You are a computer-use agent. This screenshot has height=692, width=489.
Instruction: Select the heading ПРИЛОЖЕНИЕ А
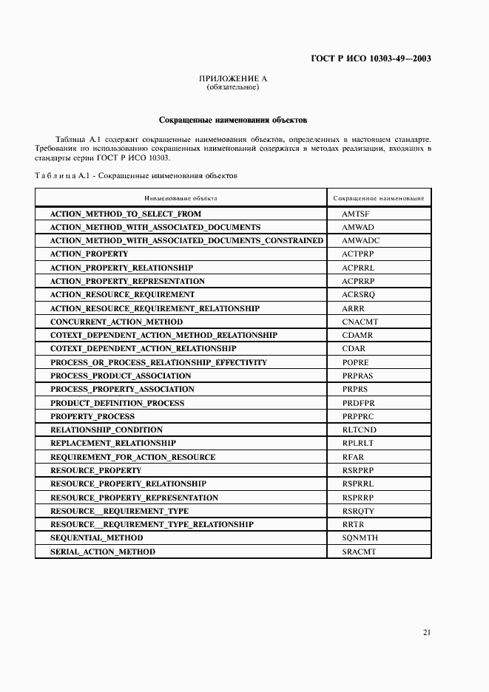233,78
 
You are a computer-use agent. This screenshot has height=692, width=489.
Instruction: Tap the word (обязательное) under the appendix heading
232,87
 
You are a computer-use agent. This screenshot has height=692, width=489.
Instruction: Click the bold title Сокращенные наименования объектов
233,120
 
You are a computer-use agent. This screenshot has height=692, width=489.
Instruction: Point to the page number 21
427,632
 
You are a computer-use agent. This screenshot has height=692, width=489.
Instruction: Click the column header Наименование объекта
181,199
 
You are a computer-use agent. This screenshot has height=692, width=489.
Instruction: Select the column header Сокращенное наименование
379,199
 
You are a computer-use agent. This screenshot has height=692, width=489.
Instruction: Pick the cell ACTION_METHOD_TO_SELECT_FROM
125,214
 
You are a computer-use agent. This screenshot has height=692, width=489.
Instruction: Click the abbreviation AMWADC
360,240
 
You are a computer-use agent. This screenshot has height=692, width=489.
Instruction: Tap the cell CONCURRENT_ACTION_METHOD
116,322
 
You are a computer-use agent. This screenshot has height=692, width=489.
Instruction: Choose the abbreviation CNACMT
360,322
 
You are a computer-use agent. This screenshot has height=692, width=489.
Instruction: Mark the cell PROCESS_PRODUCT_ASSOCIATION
121,376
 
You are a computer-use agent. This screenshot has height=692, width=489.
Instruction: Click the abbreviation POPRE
355,362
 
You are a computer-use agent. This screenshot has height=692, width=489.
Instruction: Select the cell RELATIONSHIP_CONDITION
107,430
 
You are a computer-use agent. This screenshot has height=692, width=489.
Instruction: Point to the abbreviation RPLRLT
358,443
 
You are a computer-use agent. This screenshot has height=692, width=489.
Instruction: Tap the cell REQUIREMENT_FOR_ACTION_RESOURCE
132,457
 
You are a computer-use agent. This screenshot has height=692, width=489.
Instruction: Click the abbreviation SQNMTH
360,538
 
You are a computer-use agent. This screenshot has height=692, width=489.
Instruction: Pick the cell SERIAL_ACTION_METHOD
103,552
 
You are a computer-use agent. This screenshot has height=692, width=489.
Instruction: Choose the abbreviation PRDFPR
358,403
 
